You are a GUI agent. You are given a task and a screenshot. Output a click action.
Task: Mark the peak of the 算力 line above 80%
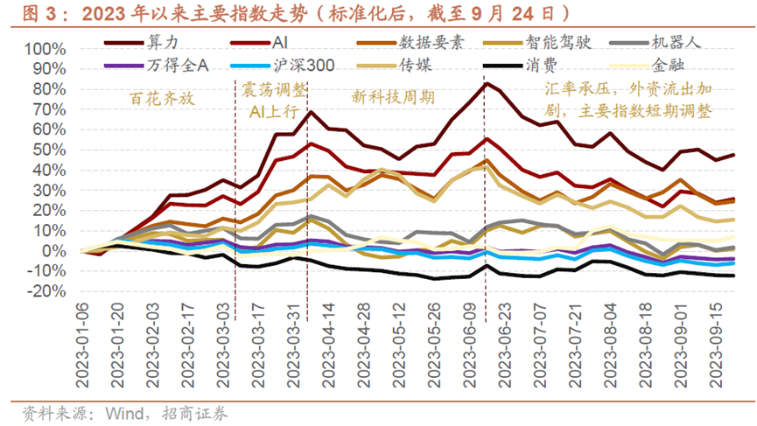486,84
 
